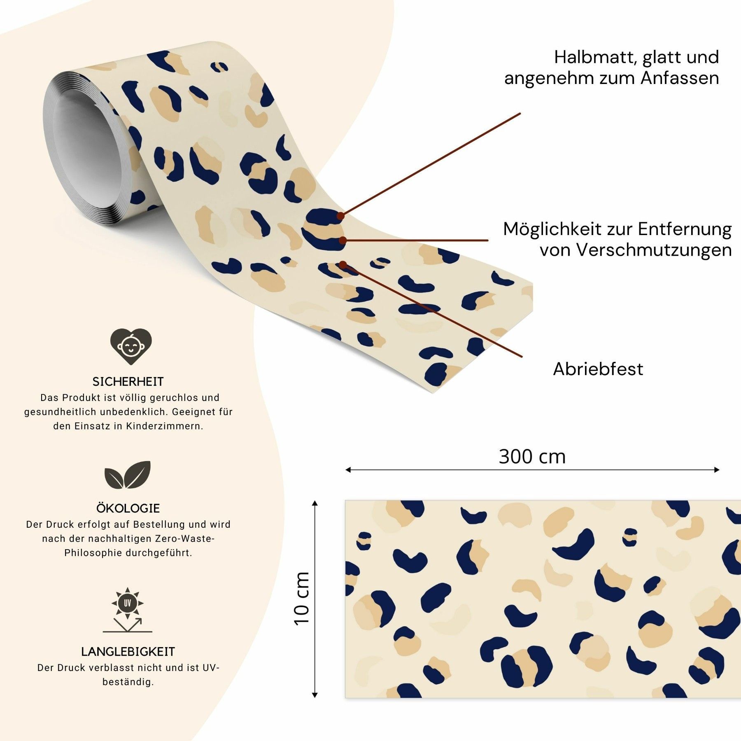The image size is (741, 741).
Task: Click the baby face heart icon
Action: point(130,346)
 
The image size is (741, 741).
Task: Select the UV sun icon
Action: point(128,604)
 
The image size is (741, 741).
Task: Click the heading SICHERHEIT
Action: point(128,382)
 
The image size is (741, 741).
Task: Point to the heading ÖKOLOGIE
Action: point(128,508)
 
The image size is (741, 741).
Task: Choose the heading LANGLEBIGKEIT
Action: point(128,652)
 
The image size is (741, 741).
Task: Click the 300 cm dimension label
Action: point(532,457)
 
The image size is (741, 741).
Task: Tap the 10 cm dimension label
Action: point(302,599)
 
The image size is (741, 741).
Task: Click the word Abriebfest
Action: point(598,369)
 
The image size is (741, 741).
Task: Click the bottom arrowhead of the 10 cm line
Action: point(315,695)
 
